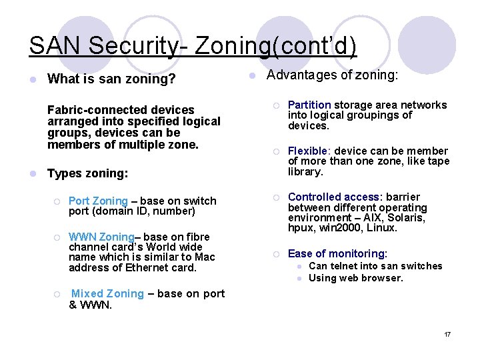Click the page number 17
447,334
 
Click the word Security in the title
123,46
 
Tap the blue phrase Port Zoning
98,201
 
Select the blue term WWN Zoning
101,237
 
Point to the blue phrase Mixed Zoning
107,293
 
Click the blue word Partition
309,105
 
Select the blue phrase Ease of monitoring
337,253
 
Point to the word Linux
382,228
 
